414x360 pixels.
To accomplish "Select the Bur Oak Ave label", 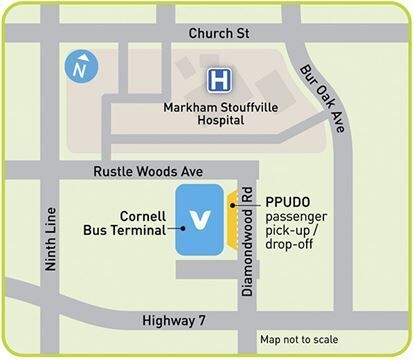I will pyautogui.click(x=323, y=91).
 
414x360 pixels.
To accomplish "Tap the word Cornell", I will pyautogui.click(x=144, y=214).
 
